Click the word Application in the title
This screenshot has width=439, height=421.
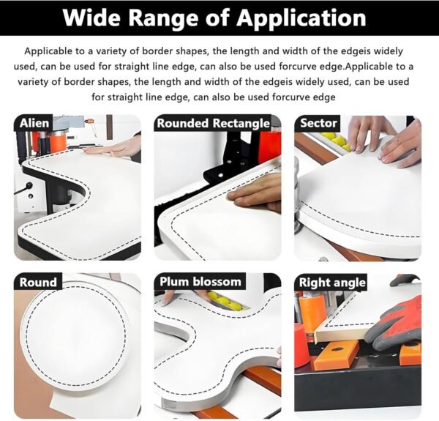pos(301,18)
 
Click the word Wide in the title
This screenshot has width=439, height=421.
pos(91,18)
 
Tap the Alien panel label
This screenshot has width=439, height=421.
pos(34,123)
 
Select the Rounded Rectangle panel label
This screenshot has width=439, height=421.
pos(213,123)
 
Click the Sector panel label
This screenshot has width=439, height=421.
pos(318,123)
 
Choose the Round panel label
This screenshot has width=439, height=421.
pos(38,282)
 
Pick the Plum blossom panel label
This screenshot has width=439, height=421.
pos(200,281)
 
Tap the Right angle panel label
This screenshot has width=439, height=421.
pos(332,283)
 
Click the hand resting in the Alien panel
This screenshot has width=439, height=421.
pos(112,148)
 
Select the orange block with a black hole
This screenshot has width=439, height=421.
pos(335,354)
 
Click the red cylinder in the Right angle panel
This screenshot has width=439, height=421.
pos(301,345)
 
